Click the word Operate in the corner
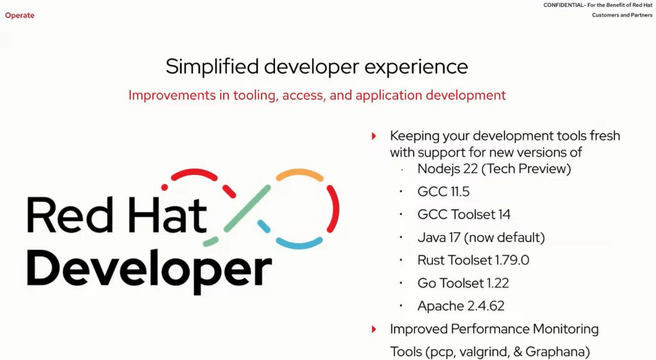pyautogui.click(x=20, y=15)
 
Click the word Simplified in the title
pyautogui.click(x=212, y=67)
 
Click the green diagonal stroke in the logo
pyautogui.click(x=247, y=208)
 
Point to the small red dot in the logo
pyautogui.click(x=165, y=187)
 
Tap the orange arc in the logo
pyautogui.click(x=300, y=174)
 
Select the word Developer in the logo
pyautogui.click(x=149, y=268)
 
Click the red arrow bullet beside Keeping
pyautogui.click(x=374, y=136)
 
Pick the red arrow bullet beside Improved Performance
pyautogui.click(x=374, y=329)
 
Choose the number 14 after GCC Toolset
pyautogui.click(x=504, y=215)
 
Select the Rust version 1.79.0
pyautogui.click(x=512, y=260)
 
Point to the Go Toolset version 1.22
pyautogui.click(x=497, y=283)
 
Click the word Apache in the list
pyautogui.click(x=440, y=306)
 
